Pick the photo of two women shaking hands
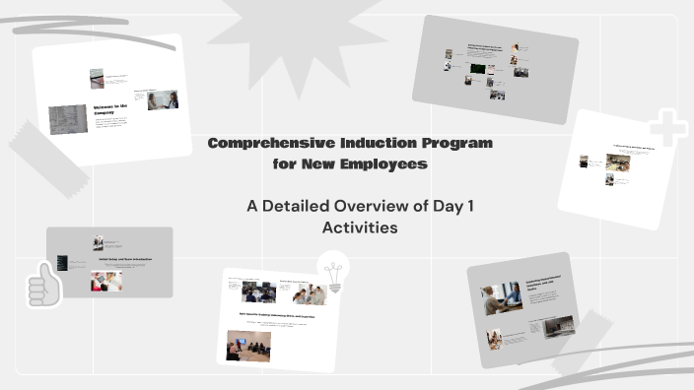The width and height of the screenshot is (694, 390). (x=163, y=99)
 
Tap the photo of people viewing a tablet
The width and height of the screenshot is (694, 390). (x=106, y=281)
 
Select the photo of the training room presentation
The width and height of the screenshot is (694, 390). (x=248, y=345)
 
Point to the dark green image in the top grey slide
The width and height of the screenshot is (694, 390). (x=477, y=71)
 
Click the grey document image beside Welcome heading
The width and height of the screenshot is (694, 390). (x=68, y=119)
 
